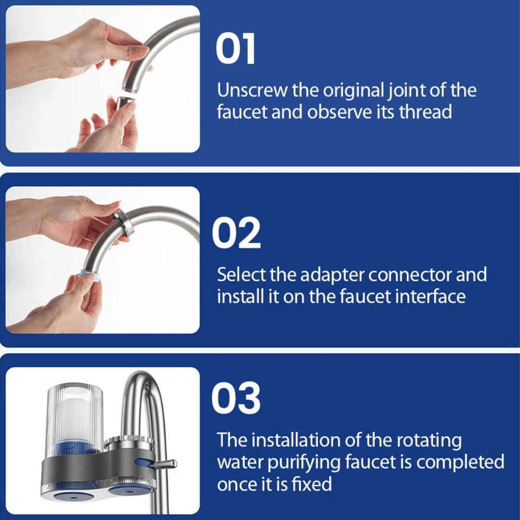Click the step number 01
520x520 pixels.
235,50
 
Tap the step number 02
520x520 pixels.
236,233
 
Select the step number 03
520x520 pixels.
236,399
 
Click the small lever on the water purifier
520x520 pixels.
164,464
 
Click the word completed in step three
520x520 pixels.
460,462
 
